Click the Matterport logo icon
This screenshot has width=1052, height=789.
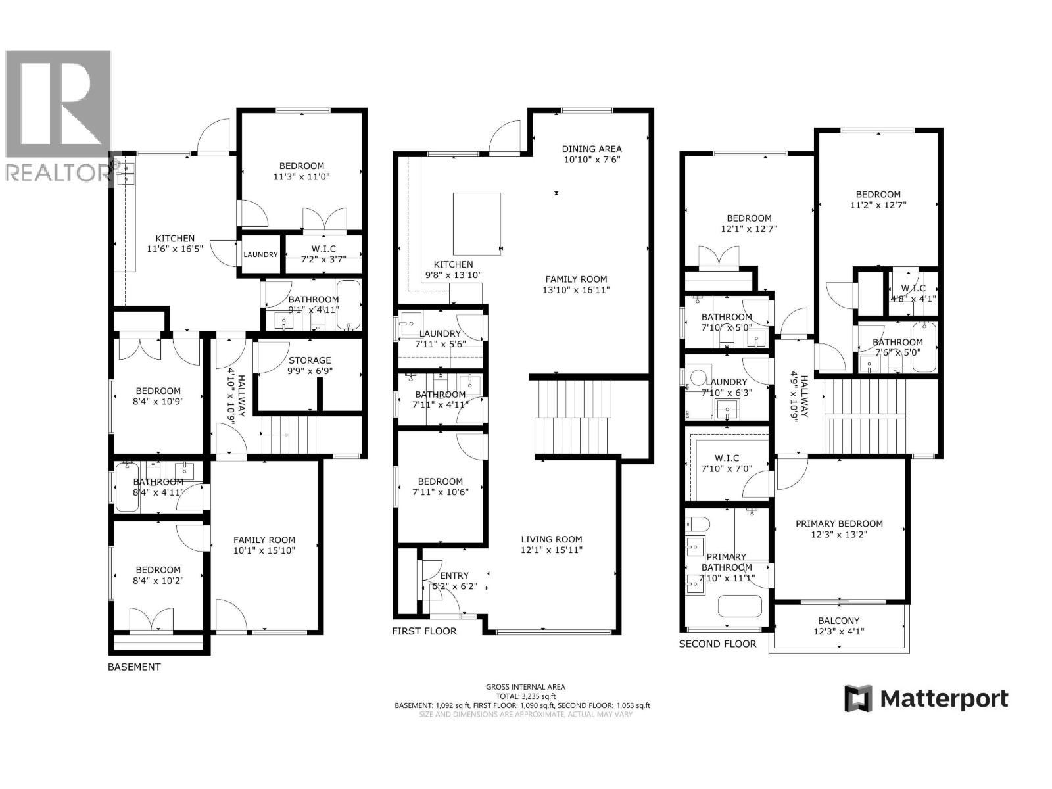click(x=858, y=698)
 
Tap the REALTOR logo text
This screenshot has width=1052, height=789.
click(x=58, y=172)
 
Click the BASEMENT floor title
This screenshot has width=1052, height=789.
click(x=134, y=667)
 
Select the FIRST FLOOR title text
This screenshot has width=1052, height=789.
click(x=424, y=631)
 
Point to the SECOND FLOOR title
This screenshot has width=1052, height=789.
click(x=717, y=644)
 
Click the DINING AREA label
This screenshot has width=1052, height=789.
click(x=591, y=149)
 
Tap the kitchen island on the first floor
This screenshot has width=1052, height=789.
click(x=477, y=224)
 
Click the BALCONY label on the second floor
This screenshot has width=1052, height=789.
click(x=838, y=620)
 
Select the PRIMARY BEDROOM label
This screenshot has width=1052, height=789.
click(x=839, y=523)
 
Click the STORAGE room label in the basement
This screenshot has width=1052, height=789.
click(x=310, y=360)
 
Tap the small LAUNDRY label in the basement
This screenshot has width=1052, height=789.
click(x=261, y=254)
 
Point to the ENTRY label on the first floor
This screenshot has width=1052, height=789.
click(x=454, y=576)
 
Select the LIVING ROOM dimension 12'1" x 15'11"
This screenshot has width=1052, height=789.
click(x=551, y=550)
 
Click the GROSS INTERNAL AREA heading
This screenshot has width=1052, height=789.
click(x=525, y=687)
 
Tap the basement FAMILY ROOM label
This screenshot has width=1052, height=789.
click(x=264, y=540)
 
